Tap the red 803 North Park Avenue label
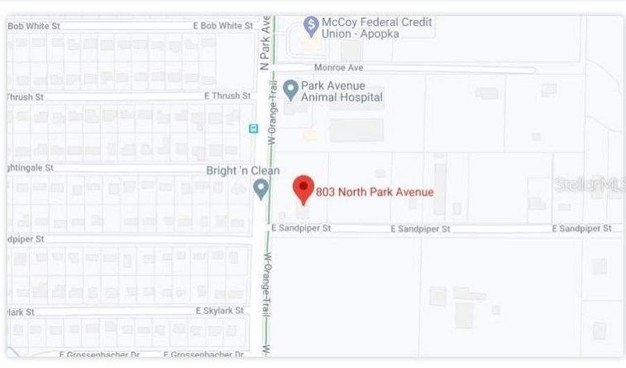374,192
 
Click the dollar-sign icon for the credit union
312,26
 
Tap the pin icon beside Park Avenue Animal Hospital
291,89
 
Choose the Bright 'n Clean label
243,170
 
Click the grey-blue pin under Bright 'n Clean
261,188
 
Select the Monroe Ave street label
339,68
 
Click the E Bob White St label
223,26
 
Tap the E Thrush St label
227,95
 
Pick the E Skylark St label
220,310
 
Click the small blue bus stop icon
253,129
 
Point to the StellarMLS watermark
588,185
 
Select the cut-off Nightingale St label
29,168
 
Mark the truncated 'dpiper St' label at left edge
24,239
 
